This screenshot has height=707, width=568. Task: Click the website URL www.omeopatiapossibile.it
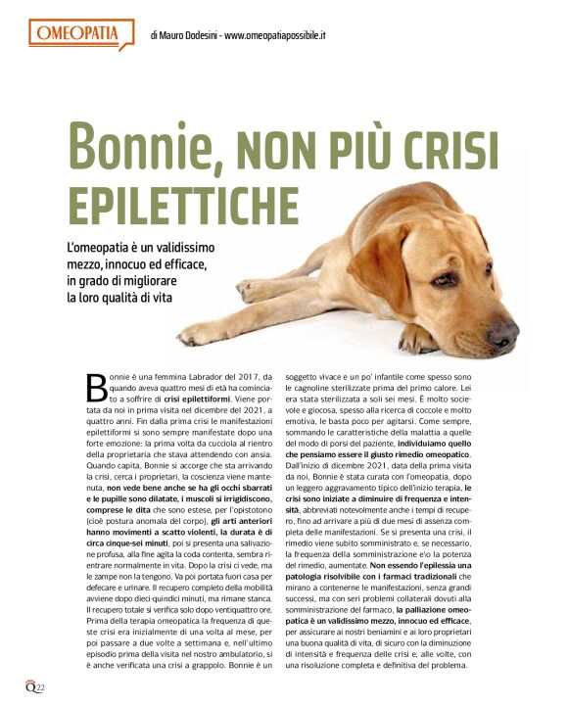(x=275, y=36)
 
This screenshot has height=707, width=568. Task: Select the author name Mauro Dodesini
(x=190, y=36)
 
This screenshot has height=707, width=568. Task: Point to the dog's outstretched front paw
(x=201, y=333)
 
